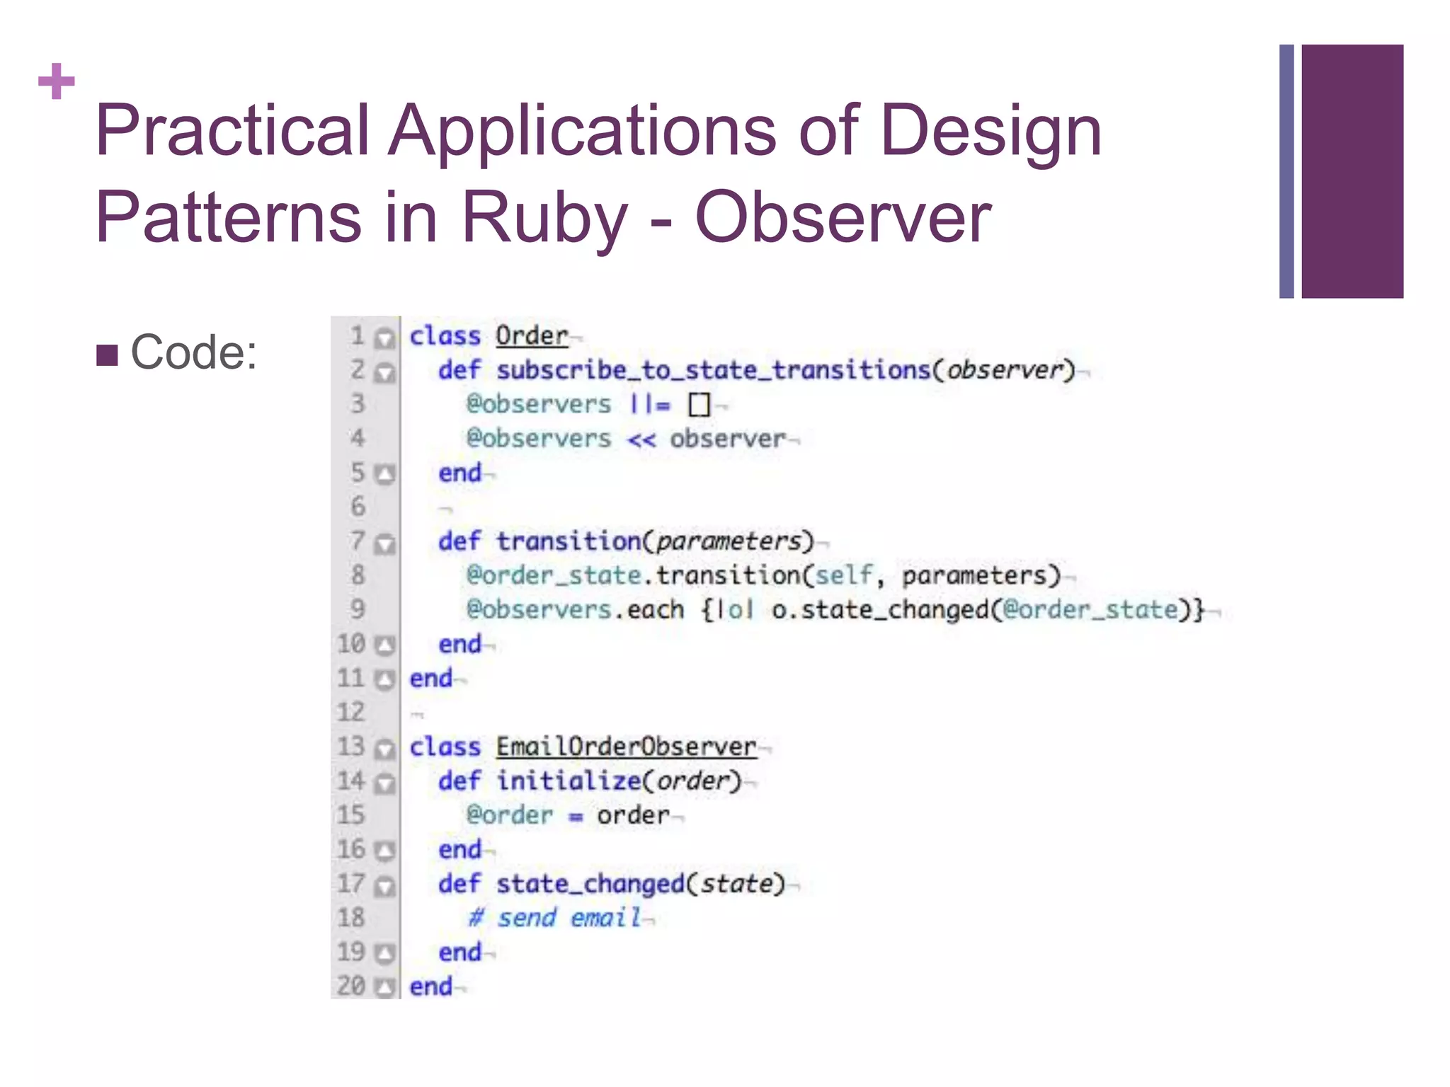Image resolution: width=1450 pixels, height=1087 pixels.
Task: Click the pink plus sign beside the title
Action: [x=57, y=81]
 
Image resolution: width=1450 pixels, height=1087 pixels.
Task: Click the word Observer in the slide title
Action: [x=843, y=217]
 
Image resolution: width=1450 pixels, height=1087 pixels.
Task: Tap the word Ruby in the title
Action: [x=544, y=217]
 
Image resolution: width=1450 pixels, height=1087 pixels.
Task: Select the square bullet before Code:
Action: [x=107, y=355]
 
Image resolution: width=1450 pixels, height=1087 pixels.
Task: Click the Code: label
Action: [x=194, y=352]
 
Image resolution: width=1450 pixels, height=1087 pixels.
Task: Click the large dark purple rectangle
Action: [x=1352, y=171]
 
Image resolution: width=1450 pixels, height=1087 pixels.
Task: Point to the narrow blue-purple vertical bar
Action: [x=1286, y=171]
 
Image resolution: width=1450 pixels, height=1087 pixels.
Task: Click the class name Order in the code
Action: [x=531, y=335]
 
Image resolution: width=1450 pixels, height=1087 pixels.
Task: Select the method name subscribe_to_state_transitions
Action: [x=713, y=369]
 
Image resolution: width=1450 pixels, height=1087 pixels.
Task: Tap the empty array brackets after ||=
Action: [x=699, y=405]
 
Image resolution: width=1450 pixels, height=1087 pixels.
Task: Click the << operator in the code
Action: [x=641, y=439]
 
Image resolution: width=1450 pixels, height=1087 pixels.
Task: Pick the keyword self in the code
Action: [x=843, y=575]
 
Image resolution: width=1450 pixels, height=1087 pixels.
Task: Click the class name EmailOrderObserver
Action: [x=626, y=747]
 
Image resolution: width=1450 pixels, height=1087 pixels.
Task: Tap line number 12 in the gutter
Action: [x=351, y=712]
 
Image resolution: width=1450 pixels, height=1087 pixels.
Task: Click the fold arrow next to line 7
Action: [x=384, y=543]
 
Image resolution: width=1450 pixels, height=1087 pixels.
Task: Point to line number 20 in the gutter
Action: [x=351, y=986]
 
